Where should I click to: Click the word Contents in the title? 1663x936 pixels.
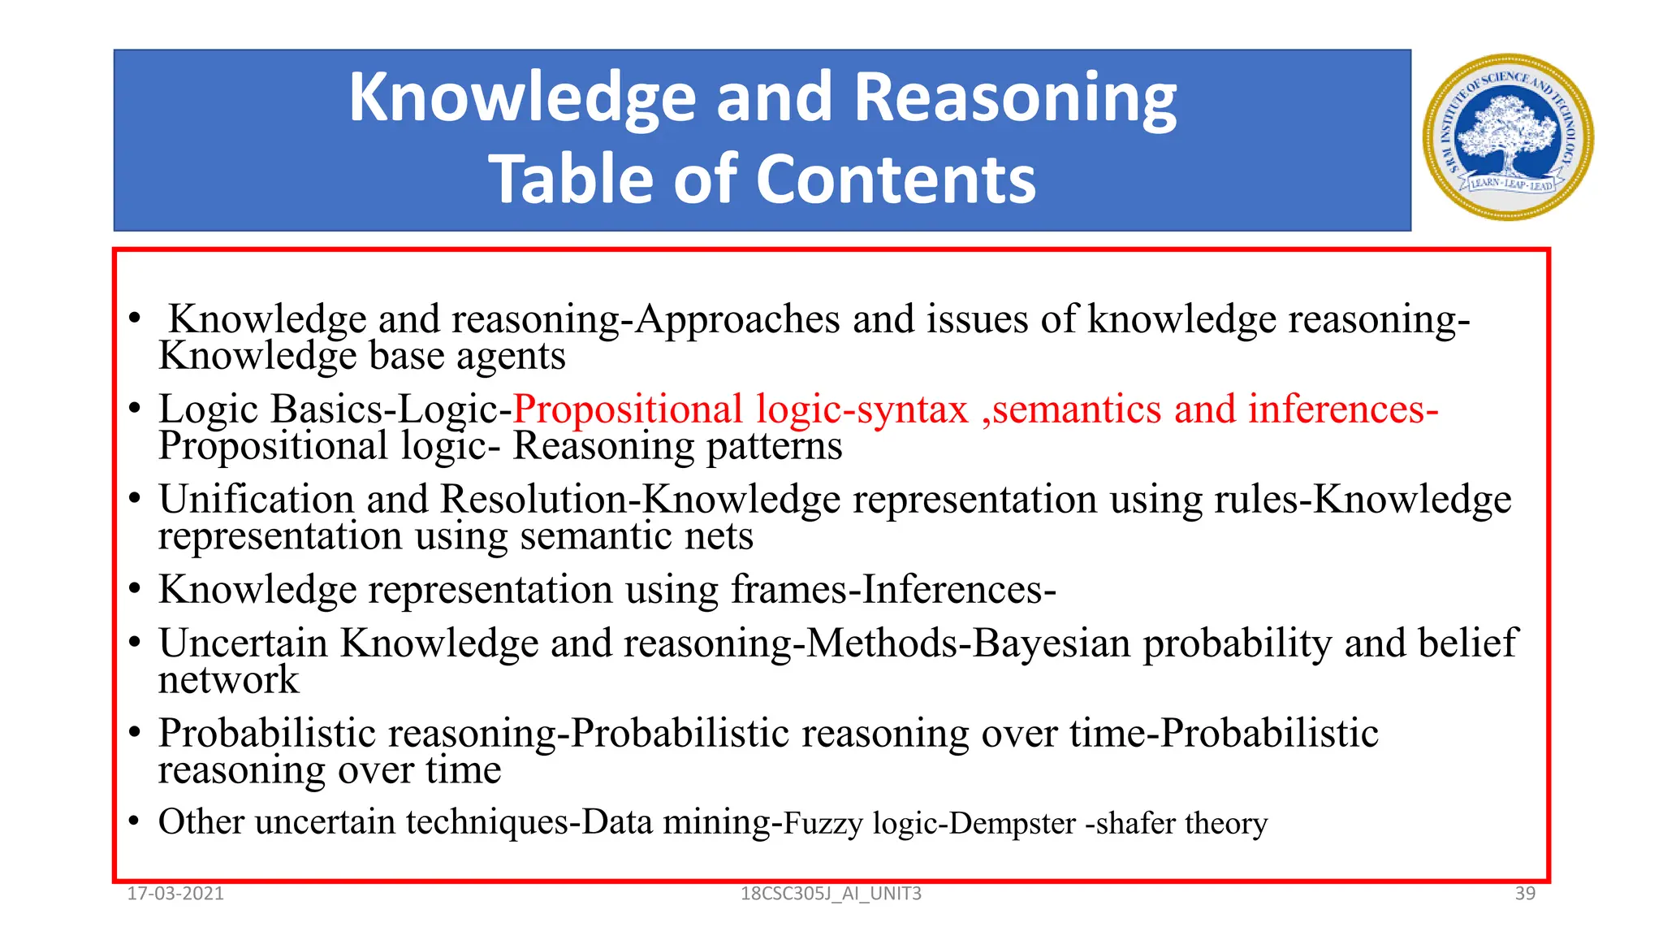896,180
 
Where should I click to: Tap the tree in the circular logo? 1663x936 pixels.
1508,130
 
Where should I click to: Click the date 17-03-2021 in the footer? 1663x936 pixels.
175,894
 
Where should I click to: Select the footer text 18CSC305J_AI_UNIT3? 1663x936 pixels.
831,894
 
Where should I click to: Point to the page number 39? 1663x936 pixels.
1525,894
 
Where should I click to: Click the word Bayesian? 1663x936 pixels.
1052,643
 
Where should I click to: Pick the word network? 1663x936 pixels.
228,680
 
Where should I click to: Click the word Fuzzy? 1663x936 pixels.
823,823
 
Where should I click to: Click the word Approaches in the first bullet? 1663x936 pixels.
737,319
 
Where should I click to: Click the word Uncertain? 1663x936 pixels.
243,643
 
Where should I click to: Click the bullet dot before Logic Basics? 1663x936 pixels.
135,408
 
